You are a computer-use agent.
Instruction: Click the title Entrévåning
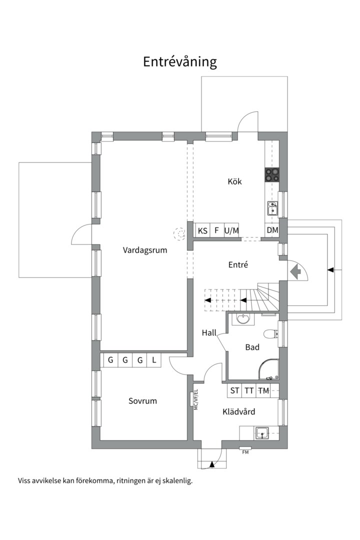tap(180, 62)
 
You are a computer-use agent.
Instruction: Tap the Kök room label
tap(234, 181)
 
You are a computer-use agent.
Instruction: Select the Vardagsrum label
tap(145, 250)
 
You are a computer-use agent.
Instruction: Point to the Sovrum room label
tap(142, 401)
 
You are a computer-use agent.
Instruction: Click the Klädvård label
tap(238, 412)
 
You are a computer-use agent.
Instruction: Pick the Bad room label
tap(252, 347)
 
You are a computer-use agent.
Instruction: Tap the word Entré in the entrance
tap(238, 265)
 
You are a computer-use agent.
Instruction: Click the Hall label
tap(209, 332)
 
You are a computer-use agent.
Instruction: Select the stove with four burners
tap(272, 174)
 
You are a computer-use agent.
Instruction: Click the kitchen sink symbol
tap(272, 207)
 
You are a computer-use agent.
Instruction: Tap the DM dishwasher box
tap(272, 230)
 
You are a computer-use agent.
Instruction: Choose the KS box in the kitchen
tap(202, 230)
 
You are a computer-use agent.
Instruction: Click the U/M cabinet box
tap(232, 230)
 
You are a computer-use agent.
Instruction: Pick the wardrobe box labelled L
tap(154, 360)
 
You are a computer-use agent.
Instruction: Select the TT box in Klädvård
tap(249, 391)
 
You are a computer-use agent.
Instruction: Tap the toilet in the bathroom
tap(270, 334)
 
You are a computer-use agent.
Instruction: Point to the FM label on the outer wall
tap(245, 452)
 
